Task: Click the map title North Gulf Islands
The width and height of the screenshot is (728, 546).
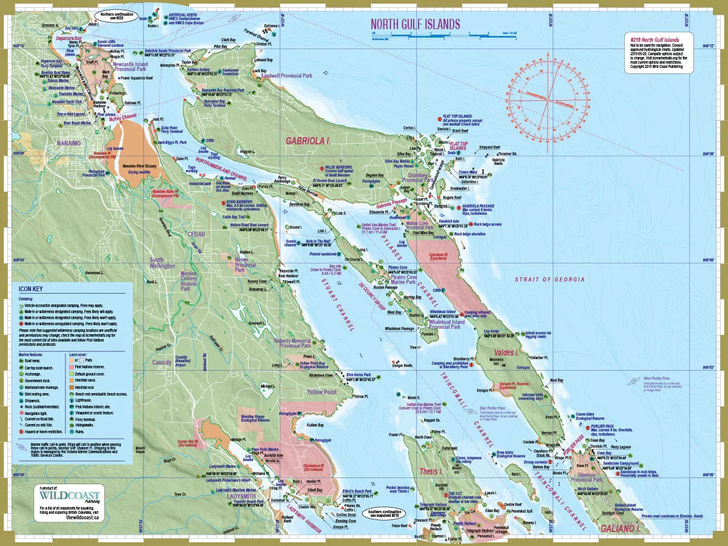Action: coord(415,24)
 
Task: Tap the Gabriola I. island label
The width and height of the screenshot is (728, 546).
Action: coord(308,141)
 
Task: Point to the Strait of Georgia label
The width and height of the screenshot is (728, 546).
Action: coord(550,279)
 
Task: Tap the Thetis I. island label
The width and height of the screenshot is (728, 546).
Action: coord(432,471)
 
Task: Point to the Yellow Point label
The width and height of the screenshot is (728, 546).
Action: coord(322,393)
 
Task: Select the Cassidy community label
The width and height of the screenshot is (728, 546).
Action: coord(162,362)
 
